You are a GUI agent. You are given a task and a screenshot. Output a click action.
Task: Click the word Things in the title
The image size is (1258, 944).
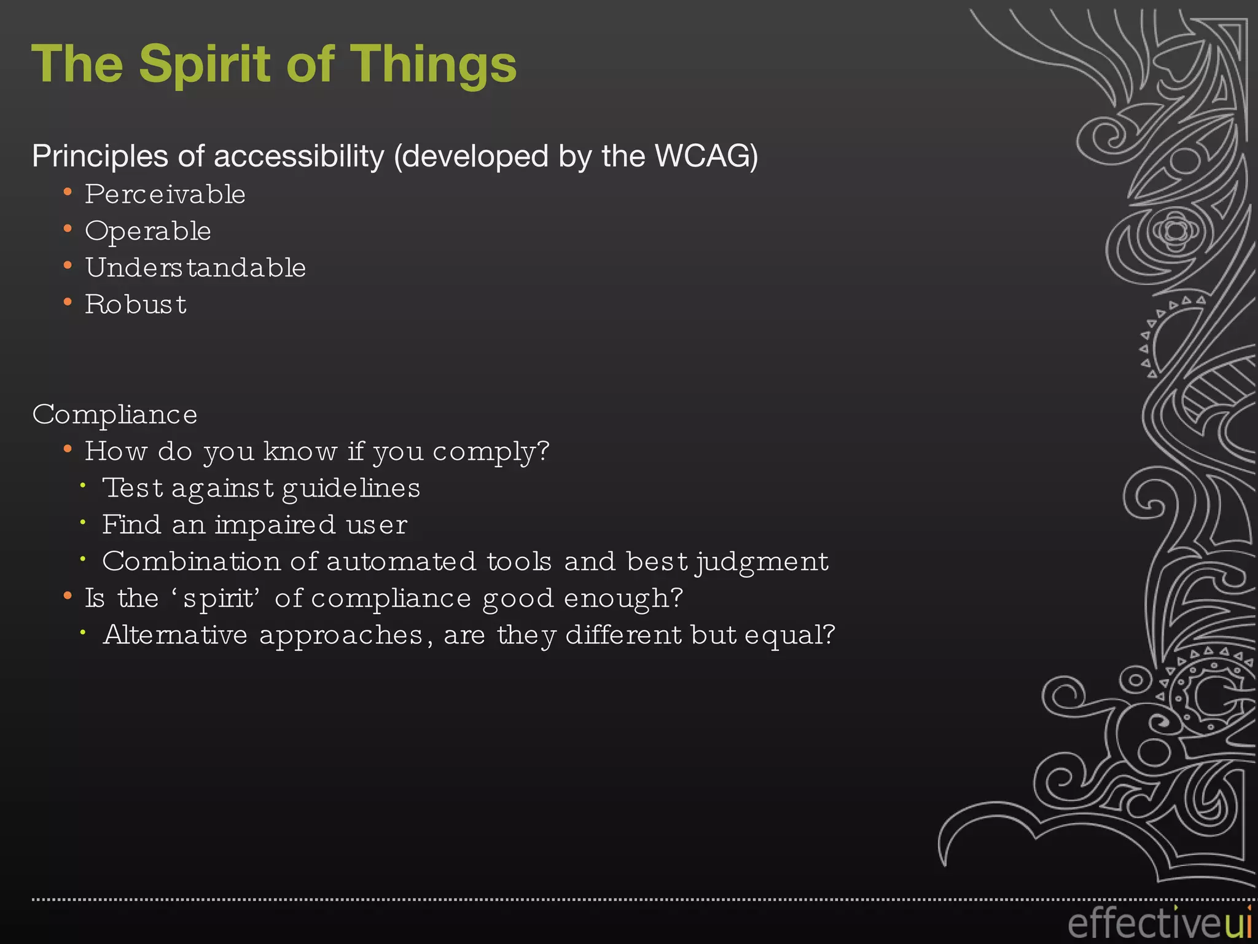[x=433, y=65]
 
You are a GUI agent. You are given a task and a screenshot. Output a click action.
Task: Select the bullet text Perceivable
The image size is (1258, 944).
[x=165, y=195]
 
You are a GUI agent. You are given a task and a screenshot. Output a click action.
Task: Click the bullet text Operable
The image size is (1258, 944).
[x=148, y=232]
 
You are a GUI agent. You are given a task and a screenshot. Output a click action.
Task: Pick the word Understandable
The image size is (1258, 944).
[x=195, y=268]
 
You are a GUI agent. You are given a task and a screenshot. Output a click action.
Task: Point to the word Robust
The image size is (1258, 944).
[x=136, y=305]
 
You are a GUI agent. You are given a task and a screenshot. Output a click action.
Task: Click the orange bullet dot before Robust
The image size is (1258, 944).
[x=68, y=302]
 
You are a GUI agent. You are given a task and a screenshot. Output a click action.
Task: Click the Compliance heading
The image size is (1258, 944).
[x=115, y=415]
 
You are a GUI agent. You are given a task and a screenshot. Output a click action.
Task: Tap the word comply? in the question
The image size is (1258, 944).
[x=491, y=452]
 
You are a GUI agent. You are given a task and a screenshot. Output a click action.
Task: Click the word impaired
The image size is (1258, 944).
[x=275, y=525]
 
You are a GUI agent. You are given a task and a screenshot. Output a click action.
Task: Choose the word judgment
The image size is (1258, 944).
[x=762, y=562]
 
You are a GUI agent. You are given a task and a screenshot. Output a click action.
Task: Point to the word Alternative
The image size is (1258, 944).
[x=175, y=635]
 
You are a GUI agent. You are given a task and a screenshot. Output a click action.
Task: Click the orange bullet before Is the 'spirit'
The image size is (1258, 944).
[x=68, y=596]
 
